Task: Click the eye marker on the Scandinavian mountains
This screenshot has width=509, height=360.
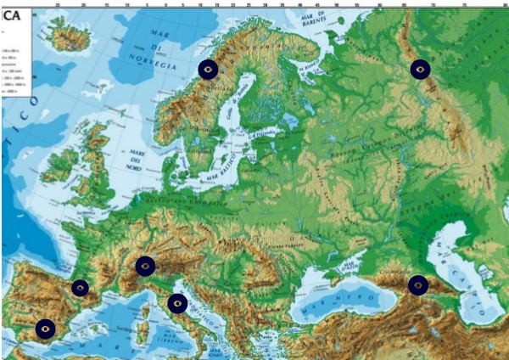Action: coord(208,70)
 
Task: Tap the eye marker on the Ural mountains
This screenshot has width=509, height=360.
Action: coord(420,70)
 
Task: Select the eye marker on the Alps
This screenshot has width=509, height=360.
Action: coord(145,267)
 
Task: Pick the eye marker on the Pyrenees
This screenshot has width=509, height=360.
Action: coord(80,288)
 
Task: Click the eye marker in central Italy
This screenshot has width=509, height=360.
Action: coord(177,303)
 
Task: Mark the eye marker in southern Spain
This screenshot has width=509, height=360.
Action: coord(46,328)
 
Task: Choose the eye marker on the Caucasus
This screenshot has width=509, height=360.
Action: coord(418,285)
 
